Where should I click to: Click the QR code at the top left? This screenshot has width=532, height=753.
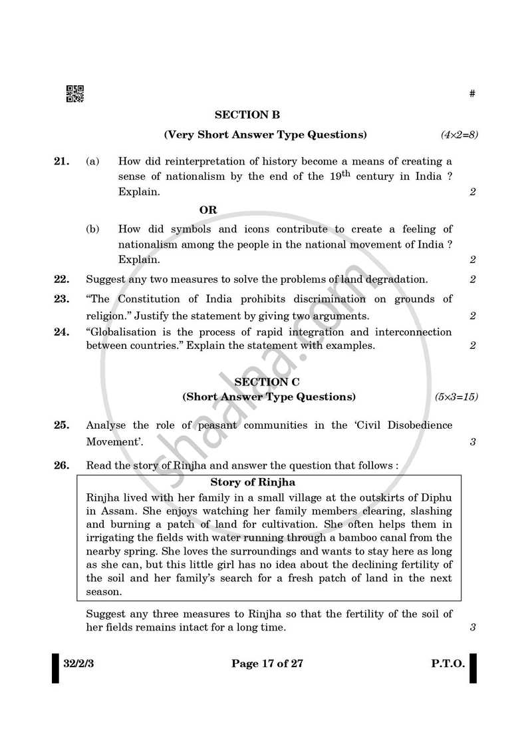click(74, 95)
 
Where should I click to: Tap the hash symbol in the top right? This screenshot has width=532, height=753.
click(472, 94)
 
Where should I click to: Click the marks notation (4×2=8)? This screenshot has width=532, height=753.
click(459, 134)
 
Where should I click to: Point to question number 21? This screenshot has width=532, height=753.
click(61, 161)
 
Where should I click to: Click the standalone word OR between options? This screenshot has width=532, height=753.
click(208, 210)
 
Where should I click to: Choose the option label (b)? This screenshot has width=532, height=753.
click(92, 229)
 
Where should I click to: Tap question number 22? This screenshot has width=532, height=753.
click(61, 279)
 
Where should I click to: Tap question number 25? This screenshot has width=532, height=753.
click(61, 425)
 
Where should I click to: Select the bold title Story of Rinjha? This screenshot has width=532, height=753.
click(253, 482)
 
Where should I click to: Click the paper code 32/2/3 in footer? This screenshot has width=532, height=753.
click(78, 663)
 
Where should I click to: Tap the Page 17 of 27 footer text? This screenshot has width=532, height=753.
click(267, 663)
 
